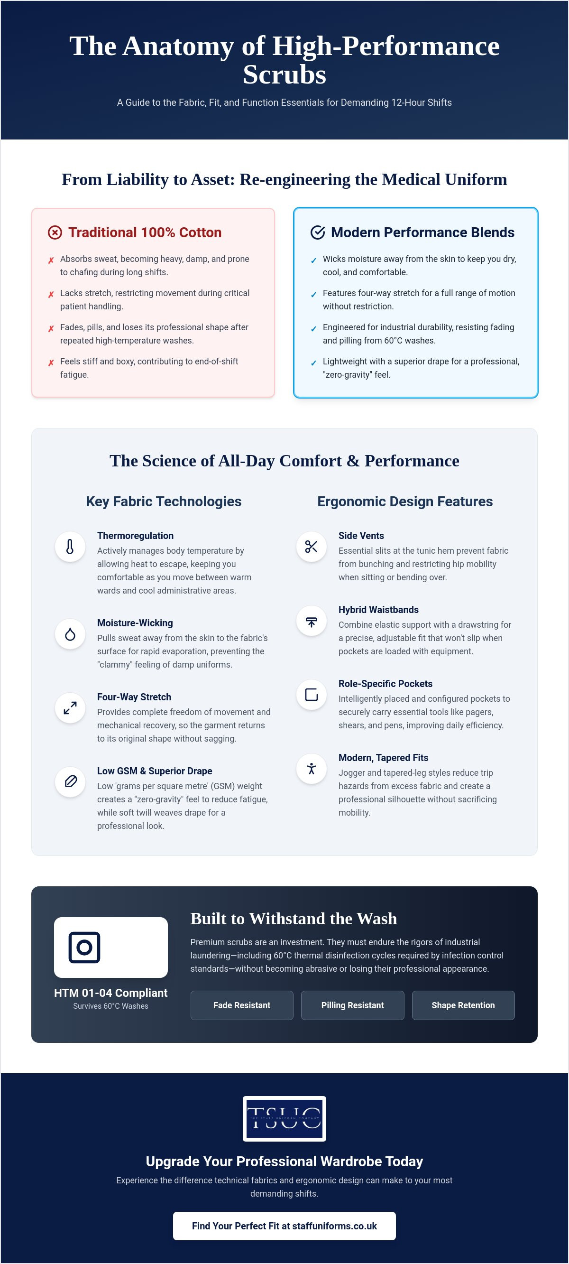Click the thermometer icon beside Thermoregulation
70,547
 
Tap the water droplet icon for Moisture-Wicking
70,634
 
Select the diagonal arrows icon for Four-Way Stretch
70,708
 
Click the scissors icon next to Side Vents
312,547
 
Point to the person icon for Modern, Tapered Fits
312,768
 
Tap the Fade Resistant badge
242,1005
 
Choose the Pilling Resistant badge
353,1005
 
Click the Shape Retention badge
463,1005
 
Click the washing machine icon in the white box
84,947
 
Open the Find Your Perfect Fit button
284,1226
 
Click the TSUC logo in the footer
284,1118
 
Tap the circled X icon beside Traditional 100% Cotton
55,232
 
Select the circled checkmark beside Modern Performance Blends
318,232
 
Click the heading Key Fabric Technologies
164,502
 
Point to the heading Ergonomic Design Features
405,502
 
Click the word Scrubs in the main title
284,74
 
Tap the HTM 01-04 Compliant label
111,993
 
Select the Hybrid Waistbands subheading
379,609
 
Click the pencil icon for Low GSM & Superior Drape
70,781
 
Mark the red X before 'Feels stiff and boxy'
51,363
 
